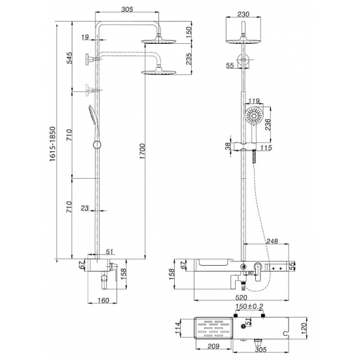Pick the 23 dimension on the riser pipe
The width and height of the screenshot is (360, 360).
pyautogui.click(x=84, y=209)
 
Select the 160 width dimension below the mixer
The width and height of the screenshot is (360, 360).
pyautogui.click(x=103, y=301)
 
